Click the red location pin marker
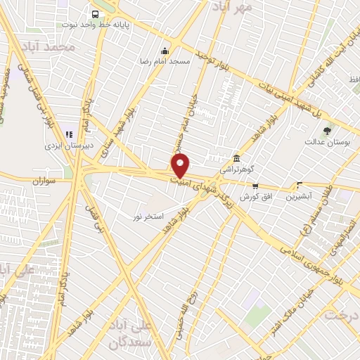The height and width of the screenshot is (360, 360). (181, 166)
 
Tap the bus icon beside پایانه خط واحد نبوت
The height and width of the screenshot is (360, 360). (96, 13)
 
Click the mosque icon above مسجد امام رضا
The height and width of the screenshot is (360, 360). (165, 51)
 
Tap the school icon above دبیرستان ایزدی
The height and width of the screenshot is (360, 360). (69, 134)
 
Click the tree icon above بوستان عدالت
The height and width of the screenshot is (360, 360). (327, 130)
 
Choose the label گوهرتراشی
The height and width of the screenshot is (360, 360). (237, 169)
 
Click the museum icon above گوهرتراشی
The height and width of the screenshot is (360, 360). (237, 158)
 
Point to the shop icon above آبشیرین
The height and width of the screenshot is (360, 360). (300, 186)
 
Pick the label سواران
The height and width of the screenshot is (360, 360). (43, 181)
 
